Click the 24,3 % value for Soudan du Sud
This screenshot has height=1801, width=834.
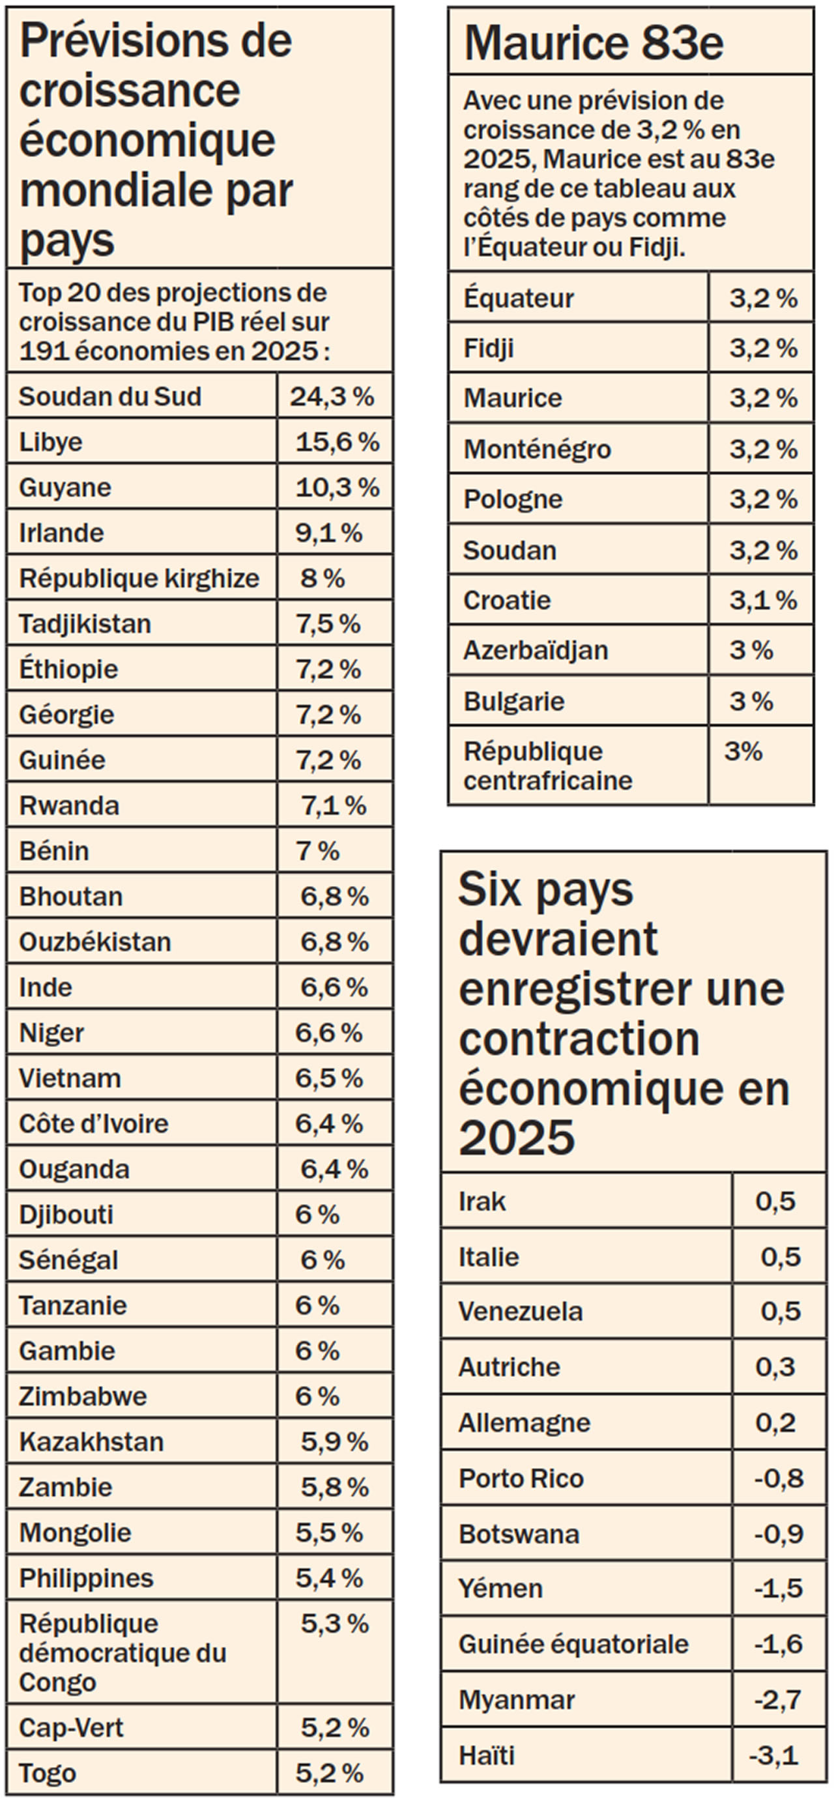point(332,396)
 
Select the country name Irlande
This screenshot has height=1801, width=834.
point(61,533)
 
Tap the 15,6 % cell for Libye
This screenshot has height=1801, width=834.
point(337,442)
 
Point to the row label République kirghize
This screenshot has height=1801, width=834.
point(138,578)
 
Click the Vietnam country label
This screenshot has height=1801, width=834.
point(70,1078)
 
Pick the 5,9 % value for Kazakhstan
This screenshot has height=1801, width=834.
point(334,1441)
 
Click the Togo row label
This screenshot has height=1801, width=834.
point(47,1773)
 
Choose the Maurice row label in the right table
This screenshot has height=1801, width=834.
point(512,399)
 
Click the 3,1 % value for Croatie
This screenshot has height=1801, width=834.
point(763,600)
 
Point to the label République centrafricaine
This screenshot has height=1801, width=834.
point(547,766)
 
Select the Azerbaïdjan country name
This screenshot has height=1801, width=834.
point(536,650)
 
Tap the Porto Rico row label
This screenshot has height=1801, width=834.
point(521,1478)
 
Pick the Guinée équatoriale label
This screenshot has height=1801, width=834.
point(573,1644)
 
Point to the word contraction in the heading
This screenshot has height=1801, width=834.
point(579,1040)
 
